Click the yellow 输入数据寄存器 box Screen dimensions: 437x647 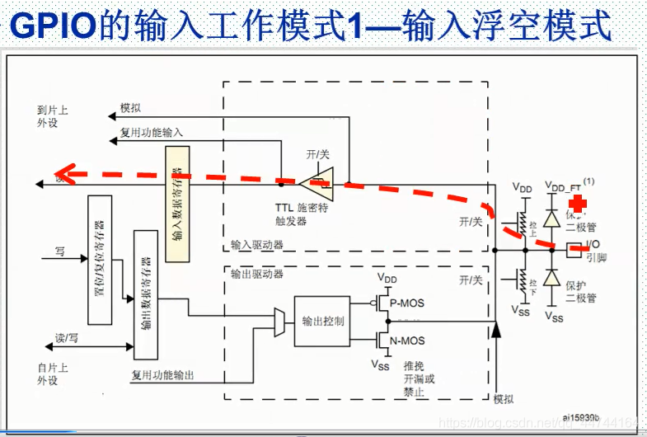177,204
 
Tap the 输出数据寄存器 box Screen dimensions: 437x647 145,295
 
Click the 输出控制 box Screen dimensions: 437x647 322,320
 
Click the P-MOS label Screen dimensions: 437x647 406,303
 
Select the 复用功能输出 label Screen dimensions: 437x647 162,376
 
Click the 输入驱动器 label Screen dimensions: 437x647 258,245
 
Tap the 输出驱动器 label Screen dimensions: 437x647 258,273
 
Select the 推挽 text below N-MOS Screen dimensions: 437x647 414,365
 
